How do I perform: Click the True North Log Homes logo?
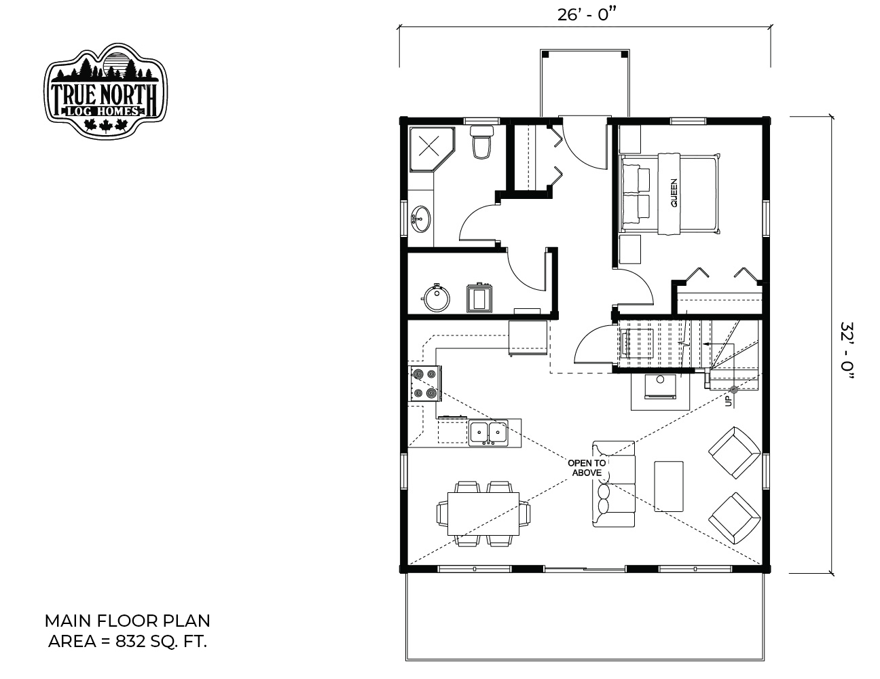tap(105, 91)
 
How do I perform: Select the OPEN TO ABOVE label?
tap(587, 468)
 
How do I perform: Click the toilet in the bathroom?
tap(482, 142)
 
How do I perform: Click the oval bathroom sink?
tap(421, 219)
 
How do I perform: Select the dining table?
tap(483, 513)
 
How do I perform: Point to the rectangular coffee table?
tap(669, 486)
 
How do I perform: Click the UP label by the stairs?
tap(729, 401)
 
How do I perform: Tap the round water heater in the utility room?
tap(436, 298)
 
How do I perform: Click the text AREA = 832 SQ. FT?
tap(128, 642)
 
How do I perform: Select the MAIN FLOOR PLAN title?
tap(128, 621)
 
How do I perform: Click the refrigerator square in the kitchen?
tap(528, 337)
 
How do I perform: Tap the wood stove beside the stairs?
tap(660, 386)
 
